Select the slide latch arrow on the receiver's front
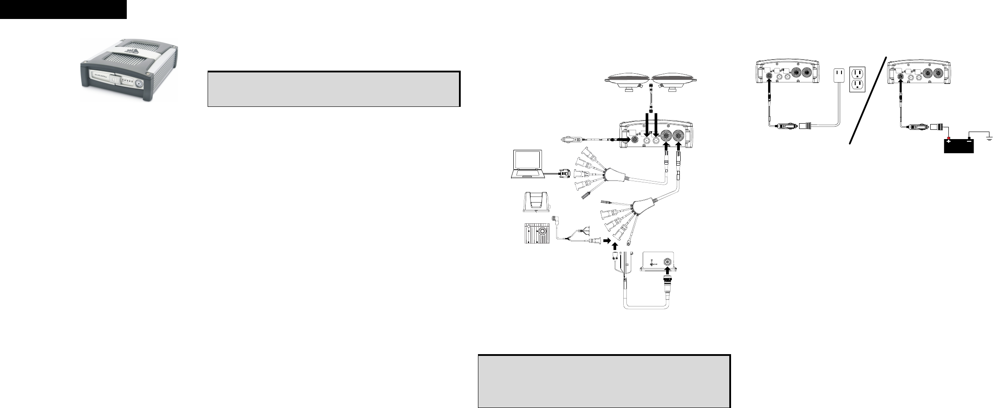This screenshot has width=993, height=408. click(114, 81)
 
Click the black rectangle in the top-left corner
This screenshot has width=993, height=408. click(63, 9)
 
